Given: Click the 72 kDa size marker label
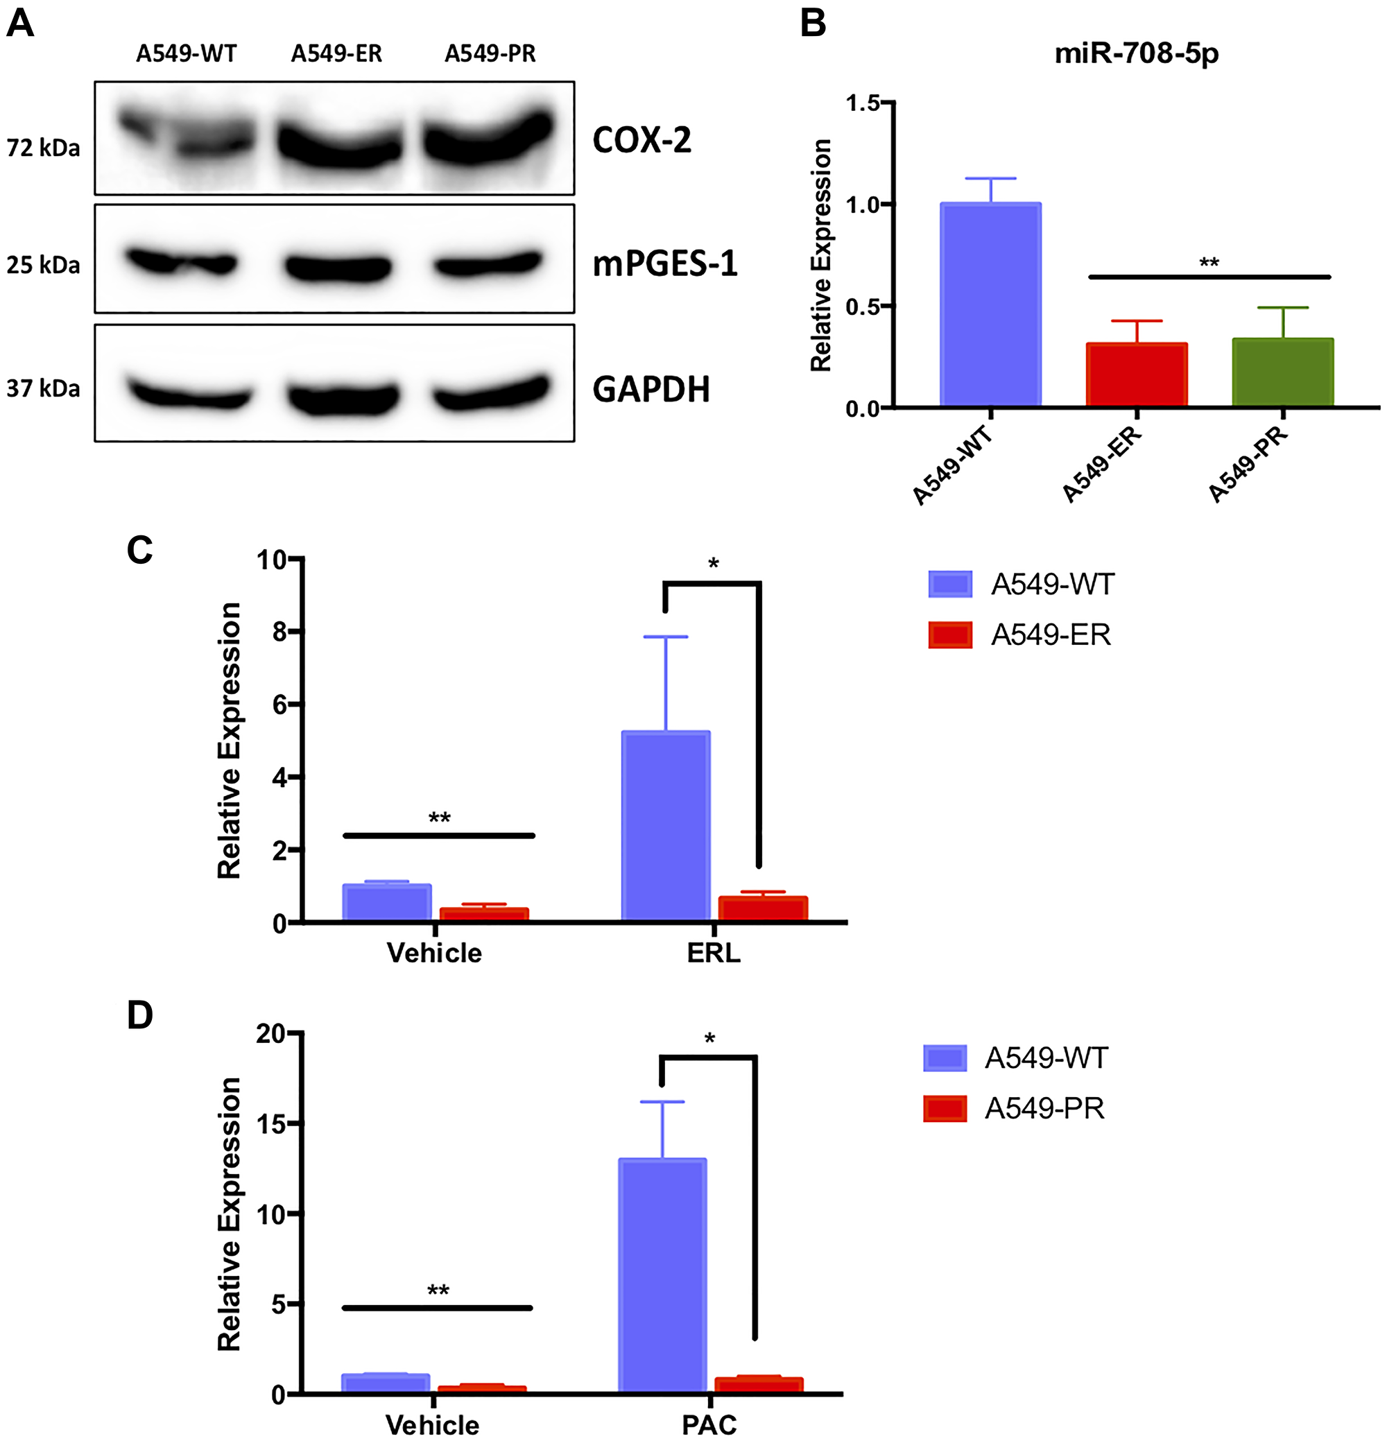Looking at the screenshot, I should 44,148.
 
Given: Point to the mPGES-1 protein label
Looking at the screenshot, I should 665,264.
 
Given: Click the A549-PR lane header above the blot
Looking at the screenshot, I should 490,53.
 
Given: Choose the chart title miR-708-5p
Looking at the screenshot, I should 1136,53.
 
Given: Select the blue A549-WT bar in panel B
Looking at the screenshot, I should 990,304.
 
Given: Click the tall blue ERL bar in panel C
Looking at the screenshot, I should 666,825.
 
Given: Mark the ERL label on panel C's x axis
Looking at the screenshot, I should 714,954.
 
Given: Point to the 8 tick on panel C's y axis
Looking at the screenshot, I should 279,632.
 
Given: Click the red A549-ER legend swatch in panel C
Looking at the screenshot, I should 950,635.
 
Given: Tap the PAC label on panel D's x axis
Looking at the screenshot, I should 709,1424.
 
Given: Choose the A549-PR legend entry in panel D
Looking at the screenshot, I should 1044,1108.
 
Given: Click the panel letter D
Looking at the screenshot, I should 139,1015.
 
